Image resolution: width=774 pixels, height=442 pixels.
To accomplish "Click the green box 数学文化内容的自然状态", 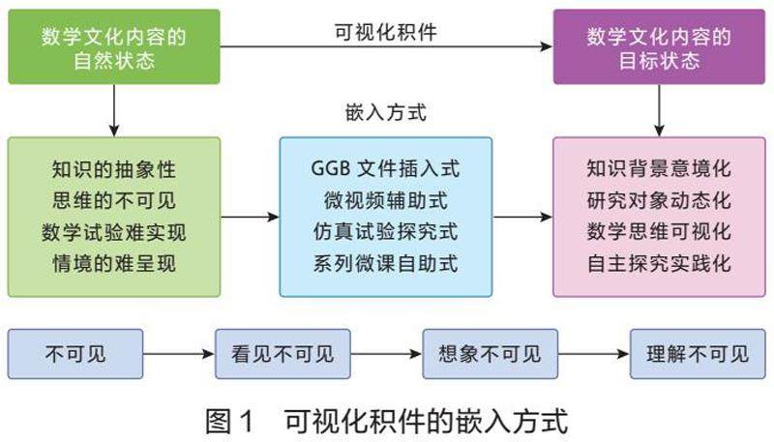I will (114, 46).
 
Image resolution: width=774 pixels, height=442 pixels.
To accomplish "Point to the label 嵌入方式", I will (385, 112).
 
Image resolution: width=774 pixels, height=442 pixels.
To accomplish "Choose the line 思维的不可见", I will (114, 200).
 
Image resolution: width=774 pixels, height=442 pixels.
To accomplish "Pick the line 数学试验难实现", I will (114, 232).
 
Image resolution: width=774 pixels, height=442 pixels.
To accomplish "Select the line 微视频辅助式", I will (386, 200).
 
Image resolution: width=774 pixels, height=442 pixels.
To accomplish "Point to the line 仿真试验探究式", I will (386, 232).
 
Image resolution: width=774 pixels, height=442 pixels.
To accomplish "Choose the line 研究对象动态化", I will (658, 200).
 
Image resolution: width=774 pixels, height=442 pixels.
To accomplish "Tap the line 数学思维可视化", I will (658, 232).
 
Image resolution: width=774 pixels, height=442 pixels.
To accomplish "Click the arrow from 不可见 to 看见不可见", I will (178, 354).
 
